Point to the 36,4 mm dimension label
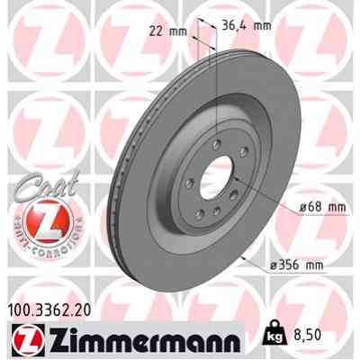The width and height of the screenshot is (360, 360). [246, 25]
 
